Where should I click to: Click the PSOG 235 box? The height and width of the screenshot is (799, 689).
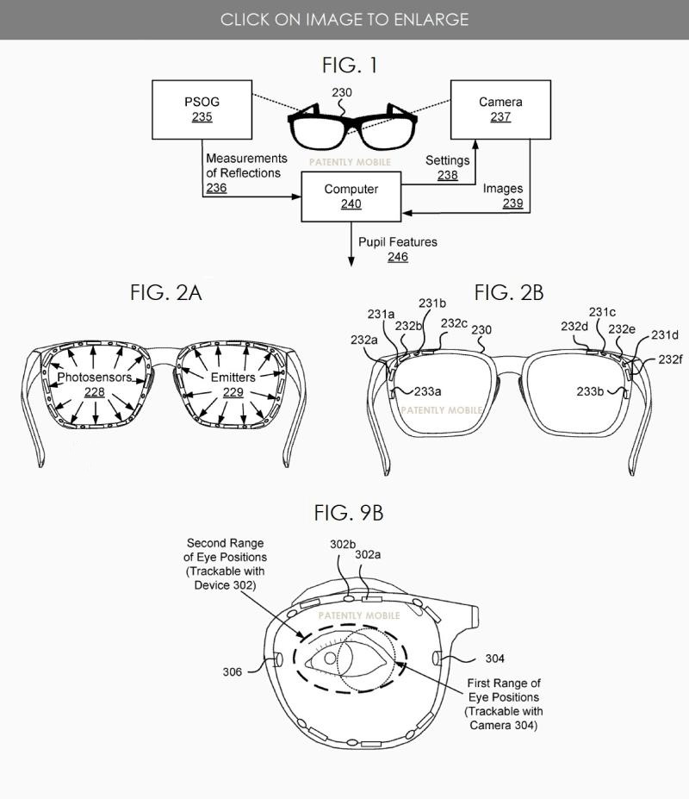[x=202, y=109]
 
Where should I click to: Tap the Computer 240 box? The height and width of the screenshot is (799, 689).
[x=351, y=197]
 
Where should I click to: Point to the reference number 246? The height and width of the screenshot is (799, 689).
[x=397, y=257]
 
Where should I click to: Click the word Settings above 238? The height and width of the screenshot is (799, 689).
[x=448, y=160]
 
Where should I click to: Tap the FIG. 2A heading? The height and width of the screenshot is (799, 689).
[x=166, y=292]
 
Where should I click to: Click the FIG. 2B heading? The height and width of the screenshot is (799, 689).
[x=509, y=292]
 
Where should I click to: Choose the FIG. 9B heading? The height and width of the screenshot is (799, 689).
[x=349, y=514]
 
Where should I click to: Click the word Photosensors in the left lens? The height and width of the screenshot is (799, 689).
[x=95, y=378]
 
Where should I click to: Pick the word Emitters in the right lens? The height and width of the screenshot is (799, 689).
[x=231, y=378]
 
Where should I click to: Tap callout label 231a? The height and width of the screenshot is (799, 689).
[x=380, y=315]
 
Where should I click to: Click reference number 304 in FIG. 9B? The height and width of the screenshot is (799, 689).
[x=494, y=659]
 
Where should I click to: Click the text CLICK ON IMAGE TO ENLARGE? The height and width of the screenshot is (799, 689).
[x=344, y=19]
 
